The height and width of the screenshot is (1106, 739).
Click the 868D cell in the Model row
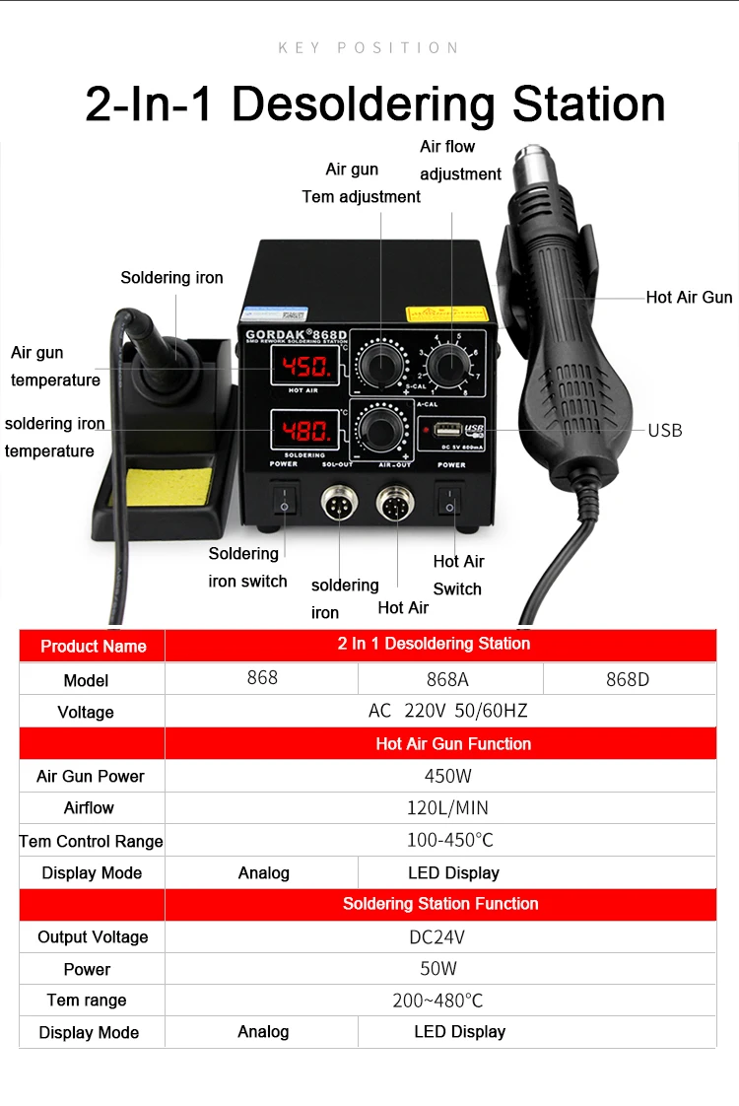(628, 679)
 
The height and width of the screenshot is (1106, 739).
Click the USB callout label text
(664, 430)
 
